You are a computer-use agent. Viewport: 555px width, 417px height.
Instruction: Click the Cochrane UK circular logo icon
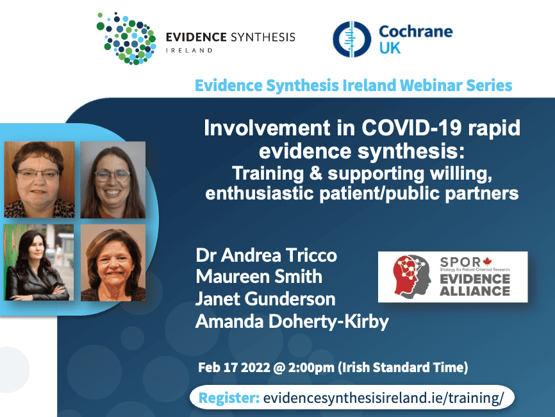pyautogui.click(x=352, y=39)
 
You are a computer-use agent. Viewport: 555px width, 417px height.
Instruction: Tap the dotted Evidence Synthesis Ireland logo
pyautogui.click(x=126, y=38)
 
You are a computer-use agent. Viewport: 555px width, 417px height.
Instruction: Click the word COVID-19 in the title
pyautogui.click(x=411, y=128)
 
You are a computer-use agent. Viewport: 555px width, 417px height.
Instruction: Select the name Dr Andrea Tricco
pyautogui.click(x=266, y=255)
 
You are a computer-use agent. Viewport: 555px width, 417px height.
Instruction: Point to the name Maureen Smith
pyautogui.click(x=259, y=277)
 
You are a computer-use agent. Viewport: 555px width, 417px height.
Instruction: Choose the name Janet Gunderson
pyautogui.click(x=265, y=299)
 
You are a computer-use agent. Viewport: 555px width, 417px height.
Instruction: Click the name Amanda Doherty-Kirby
pyautogui.click(x=292, y=321)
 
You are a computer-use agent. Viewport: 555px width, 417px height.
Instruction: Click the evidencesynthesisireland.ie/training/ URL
pyautogui.click(x=383, y=398)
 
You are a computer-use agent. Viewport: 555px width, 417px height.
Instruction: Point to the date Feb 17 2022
pyautogui.click(x=234, y=368)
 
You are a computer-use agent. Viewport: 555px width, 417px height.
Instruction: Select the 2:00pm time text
pyautogui.click(x=311, y=368)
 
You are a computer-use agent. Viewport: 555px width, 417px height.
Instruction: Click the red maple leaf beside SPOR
pyautogui.click(x=487, y=262)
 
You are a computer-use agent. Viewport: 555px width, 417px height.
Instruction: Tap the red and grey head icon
pyautogui.click(x=411, y=276)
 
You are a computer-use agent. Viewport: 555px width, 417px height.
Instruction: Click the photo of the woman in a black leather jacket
pyautogui.click(x=39, y=262)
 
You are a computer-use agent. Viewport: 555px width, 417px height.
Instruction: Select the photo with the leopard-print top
pyautogui.click(x=39, y=179)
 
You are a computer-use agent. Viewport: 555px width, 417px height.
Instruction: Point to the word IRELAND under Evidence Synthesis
pyautogui.click(x=189, y=50)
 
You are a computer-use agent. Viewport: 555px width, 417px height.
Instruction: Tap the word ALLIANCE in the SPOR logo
pyautogui.click(x=475, y=291)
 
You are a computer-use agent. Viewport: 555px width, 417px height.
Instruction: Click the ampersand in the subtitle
pyautogui.click(x=315, y=174)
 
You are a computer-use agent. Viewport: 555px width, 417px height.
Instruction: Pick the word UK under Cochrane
pyautogui.click(x=390, y=48)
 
